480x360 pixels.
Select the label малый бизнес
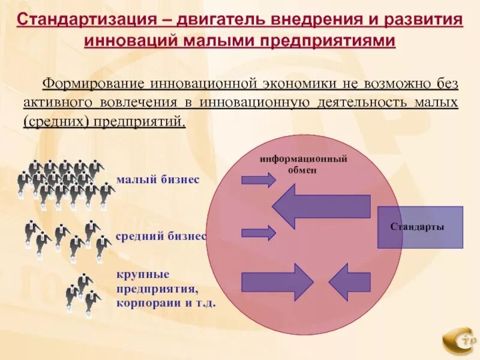point(158,180)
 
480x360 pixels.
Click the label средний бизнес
point(161,236)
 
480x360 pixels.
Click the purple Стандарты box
point(419,227)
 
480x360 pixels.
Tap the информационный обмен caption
point(304,164)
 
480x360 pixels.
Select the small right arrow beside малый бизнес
point(258,180)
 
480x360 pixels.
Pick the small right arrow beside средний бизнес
point(258,233)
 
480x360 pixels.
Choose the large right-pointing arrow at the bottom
point(276,281)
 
